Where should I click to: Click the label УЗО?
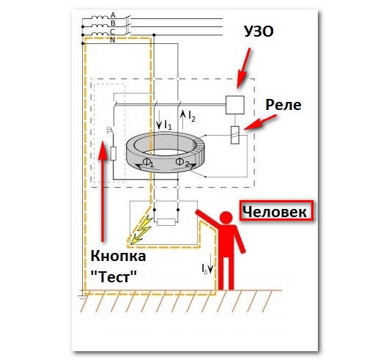point(259,32)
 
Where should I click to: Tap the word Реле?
point(283,105)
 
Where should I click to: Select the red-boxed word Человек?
point(275,212)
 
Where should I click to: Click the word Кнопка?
point(118,257)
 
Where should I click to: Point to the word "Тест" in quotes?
point(114,276)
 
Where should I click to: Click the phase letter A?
point(113,15)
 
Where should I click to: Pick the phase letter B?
point(113,23)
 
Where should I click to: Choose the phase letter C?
point(113,32)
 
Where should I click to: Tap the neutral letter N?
point(113,40)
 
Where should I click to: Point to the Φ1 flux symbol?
point(148,162)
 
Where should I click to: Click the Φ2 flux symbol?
point(182,162)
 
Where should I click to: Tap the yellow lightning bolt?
point(141,229)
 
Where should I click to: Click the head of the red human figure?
point(226,218)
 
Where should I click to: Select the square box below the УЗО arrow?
point(235,105)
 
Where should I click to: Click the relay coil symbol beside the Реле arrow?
point(235,135)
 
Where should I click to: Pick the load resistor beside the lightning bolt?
point(166,222)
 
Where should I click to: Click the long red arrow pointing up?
point(103,191)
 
